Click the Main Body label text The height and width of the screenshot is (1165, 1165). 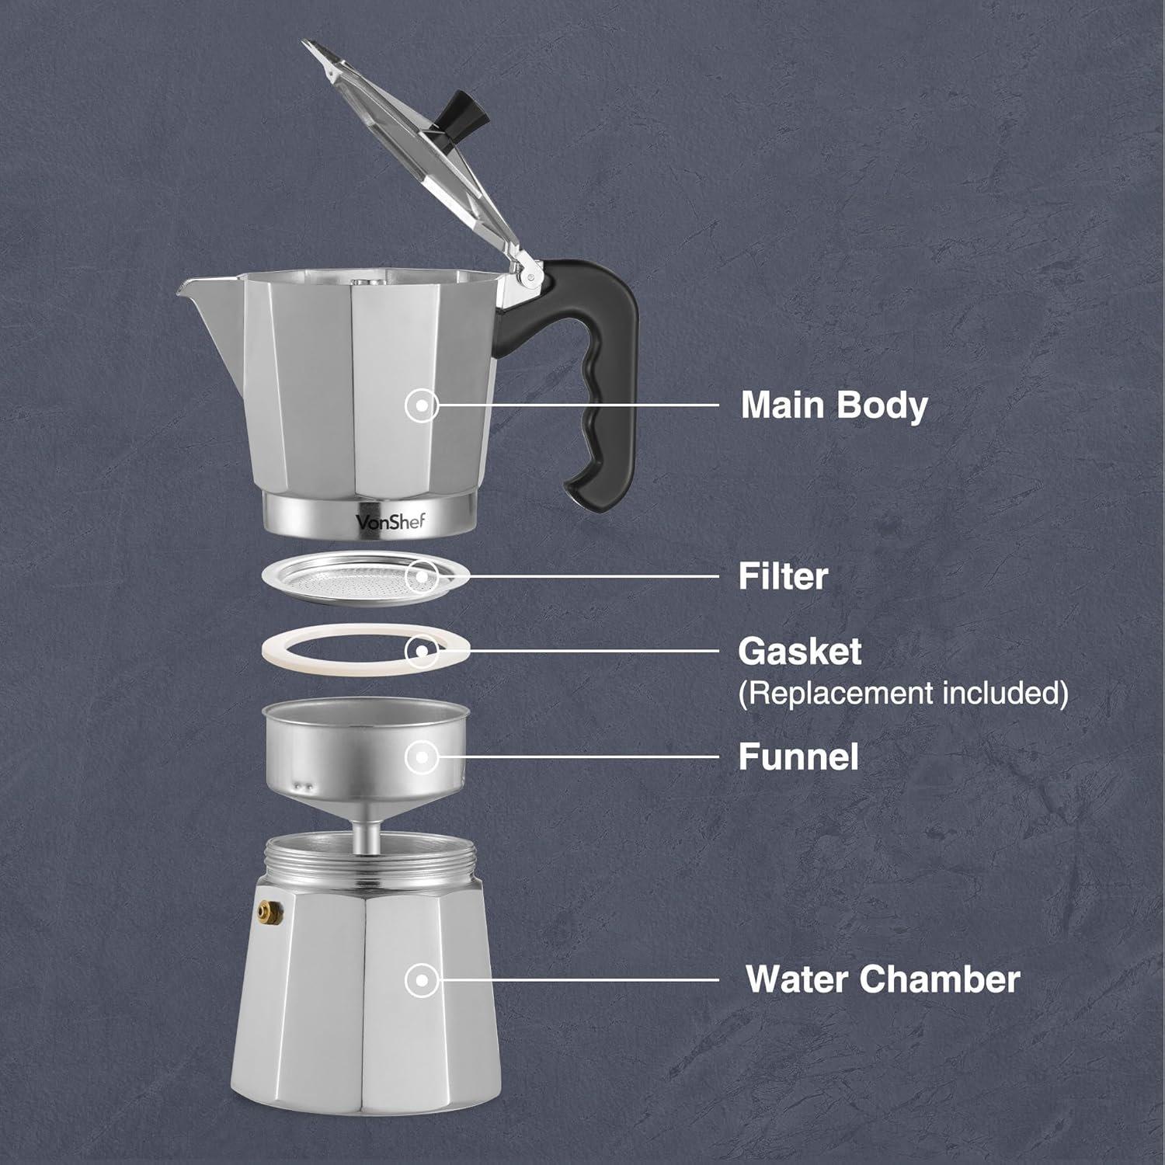click(x=833, y=405)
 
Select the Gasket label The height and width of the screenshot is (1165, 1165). click(x=799, y=652)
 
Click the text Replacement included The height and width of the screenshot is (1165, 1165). click(x=902, y=693)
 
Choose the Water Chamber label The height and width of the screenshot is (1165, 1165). click(x=882, y=979)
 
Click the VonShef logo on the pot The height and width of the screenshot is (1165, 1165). click(x=391, y=521)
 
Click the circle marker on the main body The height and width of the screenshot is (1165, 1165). click(x=422, y=405)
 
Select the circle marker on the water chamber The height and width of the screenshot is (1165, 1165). click(x=422, y=980)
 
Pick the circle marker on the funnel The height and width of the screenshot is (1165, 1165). click(x=422, y=756)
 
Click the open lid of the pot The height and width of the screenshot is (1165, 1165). click(x=412, y=155)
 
